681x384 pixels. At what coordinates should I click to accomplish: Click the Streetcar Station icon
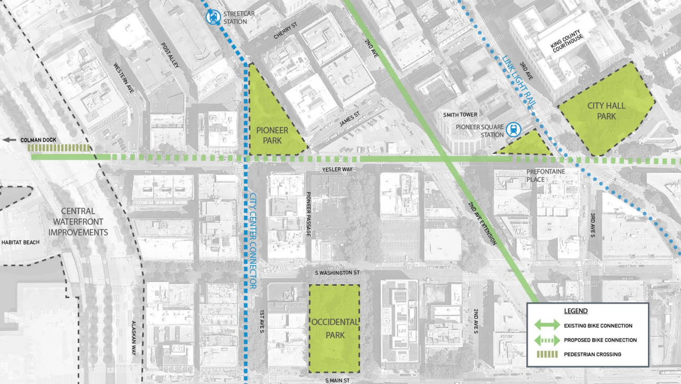[212, 17]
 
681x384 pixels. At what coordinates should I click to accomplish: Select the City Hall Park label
[606, 110]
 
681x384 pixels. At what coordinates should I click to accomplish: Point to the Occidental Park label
[335, 328]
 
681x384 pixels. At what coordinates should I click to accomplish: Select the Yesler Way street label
[334, 169]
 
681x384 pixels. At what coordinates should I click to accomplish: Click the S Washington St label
[337, 273]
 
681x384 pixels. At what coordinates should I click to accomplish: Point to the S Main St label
[337, 380]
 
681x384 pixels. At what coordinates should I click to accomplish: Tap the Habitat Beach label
[20, 242]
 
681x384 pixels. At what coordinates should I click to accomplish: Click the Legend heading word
[576, 311]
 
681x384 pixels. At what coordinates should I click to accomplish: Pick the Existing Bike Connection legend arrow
[547, 325]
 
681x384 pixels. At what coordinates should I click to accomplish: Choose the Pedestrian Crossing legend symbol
[547, 354]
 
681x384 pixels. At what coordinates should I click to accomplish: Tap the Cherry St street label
[286, 33]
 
